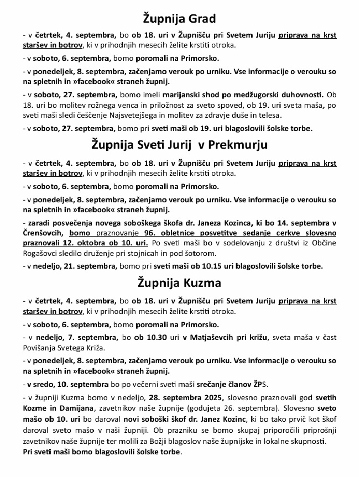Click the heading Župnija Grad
(179, 19)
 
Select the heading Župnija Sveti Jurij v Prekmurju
(179, 145)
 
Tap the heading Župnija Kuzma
(179, 283)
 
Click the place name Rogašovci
(43, 253)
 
